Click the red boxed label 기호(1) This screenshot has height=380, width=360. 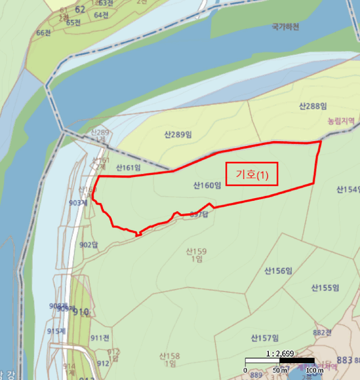click(x=252, y=174)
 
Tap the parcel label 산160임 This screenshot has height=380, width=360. click(x=207, y=186)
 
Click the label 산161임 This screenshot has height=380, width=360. click(x=128, y=168)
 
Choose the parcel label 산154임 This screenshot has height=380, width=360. click(x=348, y=189)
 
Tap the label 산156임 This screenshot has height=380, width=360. click(x=279, y=270)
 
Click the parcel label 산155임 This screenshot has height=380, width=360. click(x=325, y=287)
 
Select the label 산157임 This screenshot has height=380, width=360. click(x=264, y=338)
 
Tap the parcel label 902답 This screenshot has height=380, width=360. click(x=87, y=244)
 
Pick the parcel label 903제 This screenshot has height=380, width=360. click(x=78, y=202)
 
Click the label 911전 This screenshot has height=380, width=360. click(x=100, y=338)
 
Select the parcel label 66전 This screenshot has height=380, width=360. click(x=43, y=33)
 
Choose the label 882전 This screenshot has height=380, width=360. click(x=322, y=332)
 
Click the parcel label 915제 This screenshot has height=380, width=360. click(x=56, y=331)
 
